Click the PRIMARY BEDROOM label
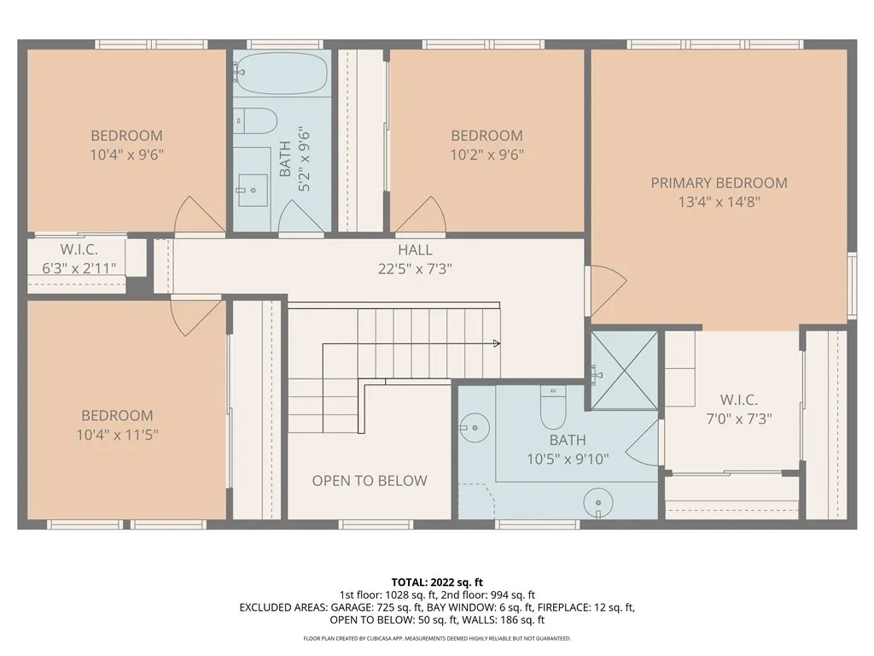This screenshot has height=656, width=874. coord(719,183)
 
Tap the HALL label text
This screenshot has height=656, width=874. coord(415,250)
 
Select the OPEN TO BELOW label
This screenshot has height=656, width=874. coord(369,481)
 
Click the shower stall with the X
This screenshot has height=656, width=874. coord(625,370)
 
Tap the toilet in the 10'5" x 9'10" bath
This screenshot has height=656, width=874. coord(554,411)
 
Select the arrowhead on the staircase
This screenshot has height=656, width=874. coord(496,344)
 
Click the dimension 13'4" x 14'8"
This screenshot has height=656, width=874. coord(719,202)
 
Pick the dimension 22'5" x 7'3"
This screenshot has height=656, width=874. coord(415,268)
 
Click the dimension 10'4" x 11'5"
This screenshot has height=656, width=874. coord(117,434)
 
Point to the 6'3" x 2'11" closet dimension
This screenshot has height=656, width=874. coord(79,267)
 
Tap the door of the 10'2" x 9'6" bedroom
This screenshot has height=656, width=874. coord(418,215)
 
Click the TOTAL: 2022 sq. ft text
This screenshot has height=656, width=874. coord(437,583)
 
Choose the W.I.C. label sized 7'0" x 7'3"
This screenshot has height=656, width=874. coord(738,400)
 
